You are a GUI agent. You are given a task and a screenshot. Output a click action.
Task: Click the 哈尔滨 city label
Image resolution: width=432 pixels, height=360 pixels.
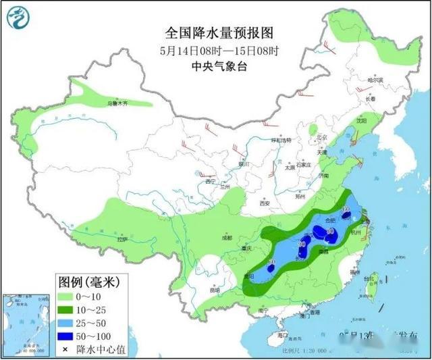[x=375, y=80]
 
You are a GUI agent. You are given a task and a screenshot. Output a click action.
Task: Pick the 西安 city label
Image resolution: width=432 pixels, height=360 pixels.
[x=265, y=203]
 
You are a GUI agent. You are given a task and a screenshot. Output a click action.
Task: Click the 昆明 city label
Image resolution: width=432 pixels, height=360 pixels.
[x=215, y=290]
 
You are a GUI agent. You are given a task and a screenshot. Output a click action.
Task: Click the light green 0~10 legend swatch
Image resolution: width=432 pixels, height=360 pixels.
[x=65, y=295]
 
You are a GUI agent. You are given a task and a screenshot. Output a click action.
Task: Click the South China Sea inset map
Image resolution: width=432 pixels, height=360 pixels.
[x=26, y=324]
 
